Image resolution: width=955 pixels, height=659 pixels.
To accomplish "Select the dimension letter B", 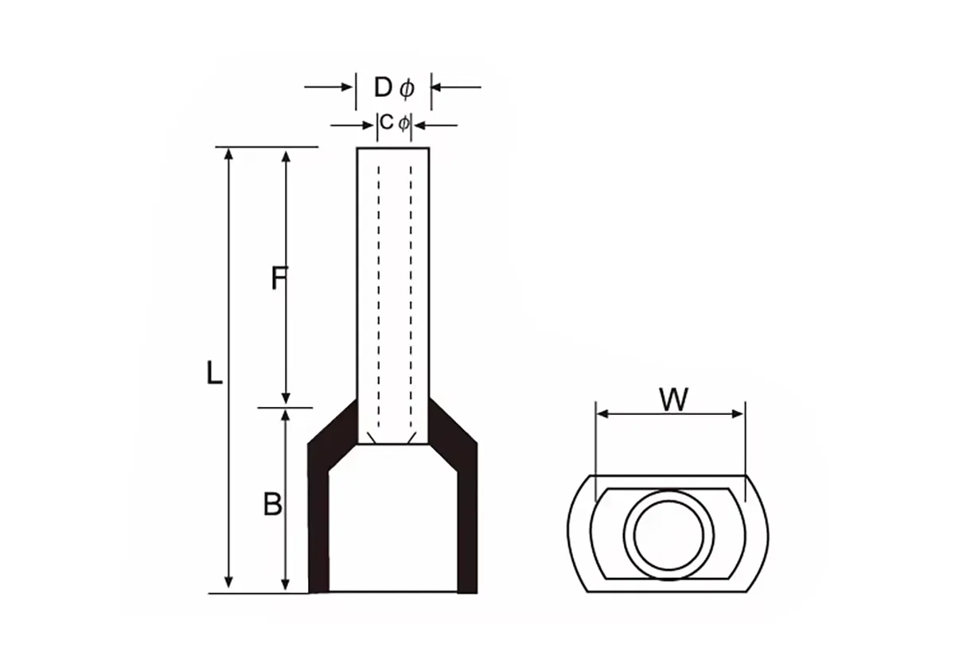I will point(273,504).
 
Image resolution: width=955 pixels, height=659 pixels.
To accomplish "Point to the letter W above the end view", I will point(673,400).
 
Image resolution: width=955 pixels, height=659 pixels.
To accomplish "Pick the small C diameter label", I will point(393,123).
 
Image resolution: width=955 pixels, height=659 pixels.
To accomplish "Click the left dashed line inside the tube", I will point(378,294).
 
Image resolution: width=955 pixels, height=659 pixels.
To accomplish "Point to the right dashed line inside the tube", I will point(411,294).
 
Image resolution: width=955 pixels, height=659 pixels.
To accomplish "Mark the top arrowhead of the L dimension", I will point(229,153).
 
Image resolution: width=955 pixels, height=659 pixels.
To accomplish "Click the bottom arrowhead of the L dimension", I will point(229,586).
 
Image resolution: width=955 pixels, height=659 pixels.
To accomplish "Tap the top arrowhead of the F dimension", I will point(287,153).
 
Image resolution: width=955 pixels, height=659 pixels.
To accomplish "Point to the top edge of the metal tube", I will point(393,148).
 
